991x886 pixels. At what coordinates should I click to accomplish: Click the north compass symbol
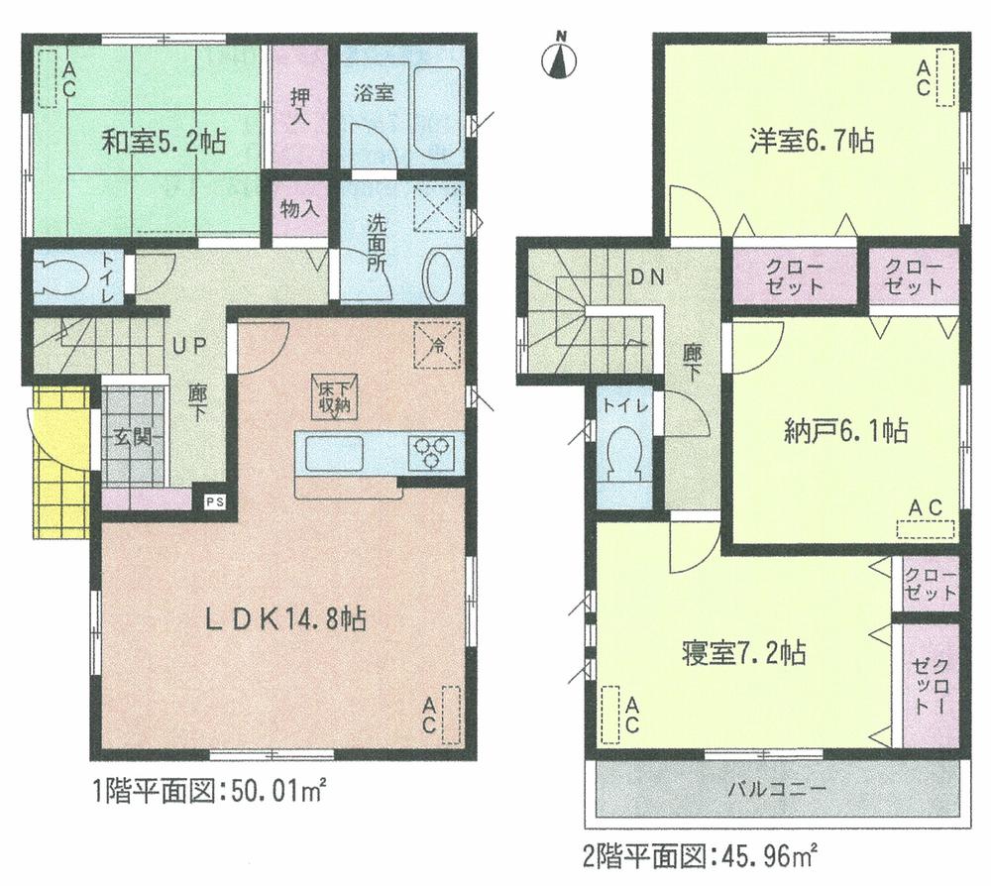pyautogui.click(x=562, y=57)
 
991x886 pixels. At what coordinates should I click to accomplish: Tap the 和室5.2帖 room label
pyautogui.click(x=164, y=142)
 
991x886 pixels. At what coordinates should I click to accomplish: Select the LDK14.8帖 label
pyautogui.click(x=285, y=620)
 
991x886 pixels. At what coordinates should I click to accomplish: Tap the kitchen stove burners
pyautogui.click(x=432, y=453)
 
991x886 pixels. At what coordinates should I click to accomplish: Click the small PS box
pyautogui.click(x=215, y=501)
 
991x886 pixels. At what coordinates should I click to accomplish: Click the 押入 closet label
pyautogui.click(x=298, y=105)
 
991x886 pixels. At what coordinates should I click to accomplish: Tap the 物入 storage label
pyautogui.click(x=298, y=209)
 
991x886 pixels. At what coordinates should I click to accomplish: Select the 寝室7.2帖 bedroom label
pyautogui.click(x=742, y=654)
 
